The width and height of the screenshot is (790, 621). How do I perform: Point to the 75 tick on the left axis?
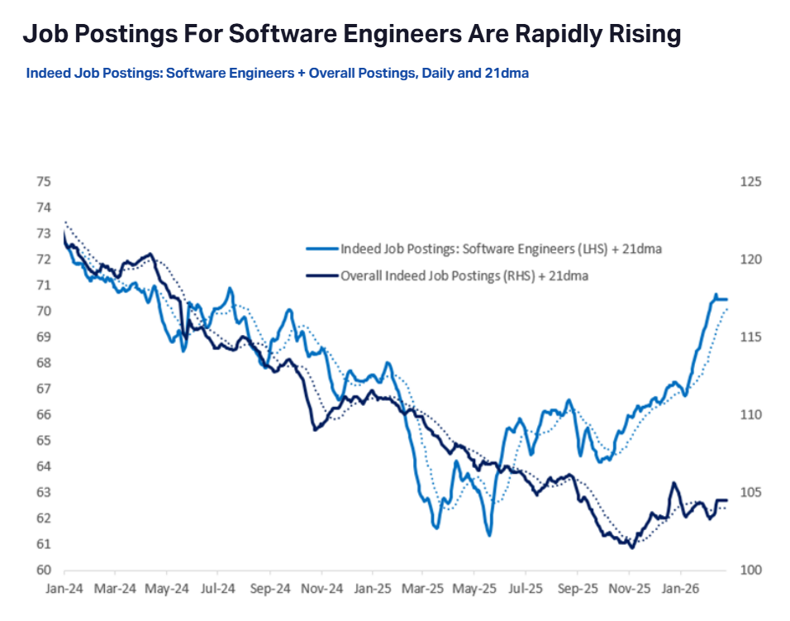(x=44, y=181)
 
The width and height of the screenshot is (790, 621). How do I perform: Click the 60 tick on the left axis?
(x=44, y=570)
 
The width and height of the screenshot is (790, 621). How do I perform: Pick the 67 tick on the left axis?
(x=44, y=389)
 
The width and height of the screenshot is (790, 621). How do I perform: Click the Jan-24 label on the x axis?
(x=64, y=591)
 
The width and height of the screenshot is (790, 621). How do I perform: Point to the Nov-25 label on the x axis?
(x=630, y=591)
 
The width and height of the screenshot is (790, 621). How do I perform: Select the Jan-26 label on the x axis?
(x=681, y=591)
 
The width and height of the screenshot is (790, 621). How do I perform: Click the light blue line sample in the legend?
(x=322, y=248)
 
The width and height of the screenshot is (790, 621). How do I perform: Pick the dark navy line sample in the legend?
(x=322, y=275)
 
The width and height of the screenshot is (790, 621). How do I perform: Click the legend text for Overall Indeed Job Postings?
(x=464, y=275)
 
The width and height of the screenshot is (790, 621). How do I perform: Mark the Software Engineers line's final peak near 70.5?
(x=716, y=294)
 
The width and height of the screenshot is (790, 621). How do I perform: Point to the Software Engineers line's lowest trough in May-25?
(x=489, y=535)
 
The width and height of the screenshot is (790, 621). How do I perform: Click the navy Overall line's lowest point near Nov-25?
(x=632, y=547)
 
